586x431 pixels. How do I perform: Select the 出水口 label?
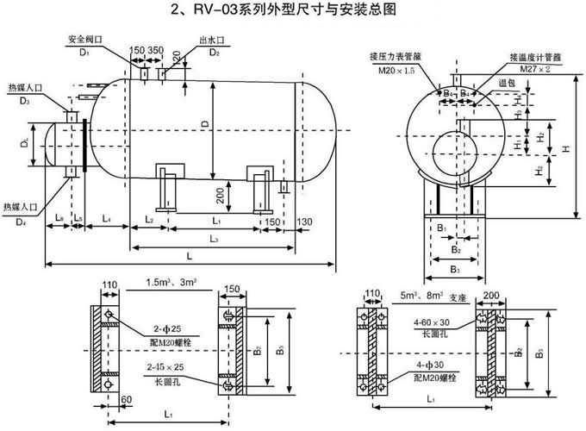[213, 40]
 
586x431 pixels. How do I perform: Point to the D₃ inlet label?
[27, 102]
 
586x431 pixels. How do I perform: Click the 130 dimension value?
[304, 222]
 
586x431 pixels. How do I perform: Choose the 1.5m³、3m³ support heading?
[171, 283]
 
